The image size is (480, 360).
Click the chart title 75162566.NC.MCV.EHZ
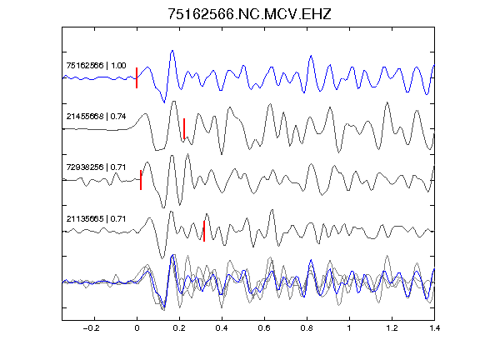tap(249, 14)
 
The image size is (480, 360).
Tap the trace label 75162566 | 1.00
tap(96, 66)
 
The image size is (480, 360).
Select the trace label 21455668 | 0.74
tap(96, 117)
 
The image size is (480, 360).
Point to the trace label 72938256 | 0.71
tap(96, 167)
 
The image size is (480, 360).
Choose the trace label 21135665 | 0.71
tap(96, 218)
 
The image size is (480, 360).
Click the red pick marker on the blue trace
tap(137, 77)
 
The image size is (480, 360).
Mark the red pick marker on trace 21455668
tap(184, 128)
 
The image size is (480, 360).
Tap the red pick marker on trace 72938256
tap(141, 180)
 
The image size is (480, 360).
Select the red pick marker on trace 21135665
tap(204, 231)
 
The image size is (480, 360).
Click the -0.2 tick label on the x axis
tap(91, 328)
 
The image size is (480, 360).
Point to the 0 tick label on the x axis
tap(137, 328)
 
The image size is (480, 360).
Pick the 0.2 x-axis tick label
tap(179, 328)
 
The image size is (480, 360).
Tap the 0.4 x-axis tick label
tap(222, 328)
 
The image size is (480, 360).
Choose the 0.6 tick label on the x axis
tap(264, 328)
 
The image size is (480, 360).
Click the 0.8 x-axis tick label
tap(307, 328)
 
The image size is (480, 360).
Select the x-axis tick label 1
tap(349, 328)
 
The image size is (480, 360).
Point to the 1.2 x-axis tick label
tap(392, 328)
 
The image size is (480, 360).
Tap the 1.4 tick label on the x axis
tap(434, 328)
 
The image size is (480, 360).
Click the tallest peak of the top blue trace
tap(172, 51)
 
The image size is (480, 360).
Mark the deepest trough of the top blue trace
tap(164, 102)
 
